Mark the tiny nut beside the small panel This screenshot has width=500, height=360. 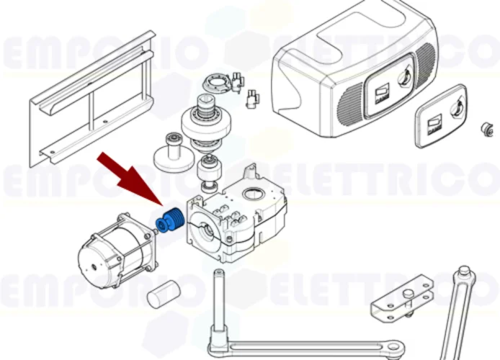(488, 129)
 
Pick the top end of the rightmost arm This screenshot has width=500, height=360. (465, 274)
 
